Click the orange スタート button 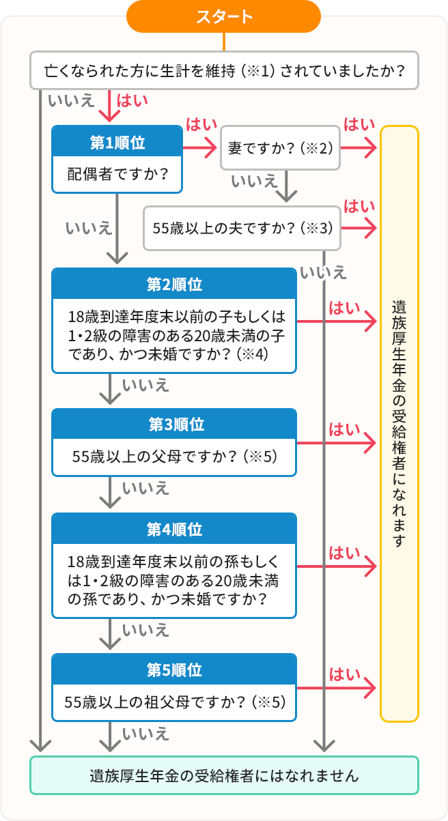223,16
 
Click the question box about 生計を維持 223,70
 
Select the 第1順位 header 117,143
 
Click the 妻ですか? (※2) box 280,147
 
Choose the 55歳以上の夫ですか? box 242,229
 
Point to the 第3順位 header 174,424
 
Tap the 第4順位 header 174,530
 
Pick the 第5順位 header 174,670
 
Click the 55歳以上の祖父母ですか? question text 174,702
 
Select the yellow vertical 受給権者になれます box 399,423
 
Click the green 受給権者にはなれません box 223,775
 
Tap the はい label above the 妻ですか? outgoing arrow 359,125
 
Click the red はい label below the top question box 132,100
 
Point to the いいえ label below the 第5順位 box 145,734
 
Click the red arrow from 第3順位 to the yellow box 336,444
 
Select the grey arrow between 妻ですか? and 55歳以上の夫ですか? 288,185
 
